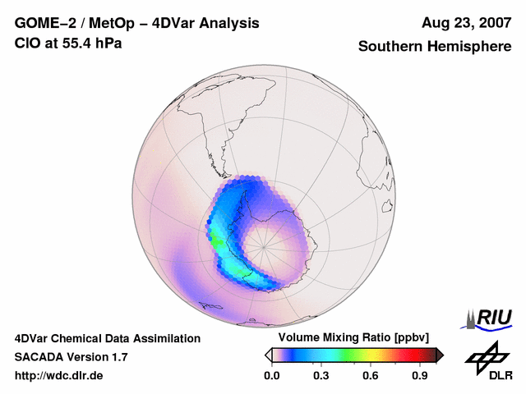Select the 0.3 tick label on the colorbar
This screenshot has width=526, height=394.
[321, 376]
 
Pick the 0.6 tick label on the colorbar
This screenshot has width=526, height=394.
[371, 376]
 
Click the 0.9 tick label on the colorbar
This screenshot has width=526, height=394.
[421, 376]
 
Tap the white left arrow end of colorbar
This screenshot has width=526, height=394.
[268, 355]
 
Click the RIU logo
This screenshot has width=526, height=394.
[489, 318]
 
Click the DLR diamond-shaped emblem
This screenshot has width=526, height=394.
[486, 355]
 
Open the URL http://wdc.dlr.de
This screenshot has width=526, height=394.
[59, 376]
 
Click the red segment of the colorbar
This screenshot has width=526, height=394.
[407, 355]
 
